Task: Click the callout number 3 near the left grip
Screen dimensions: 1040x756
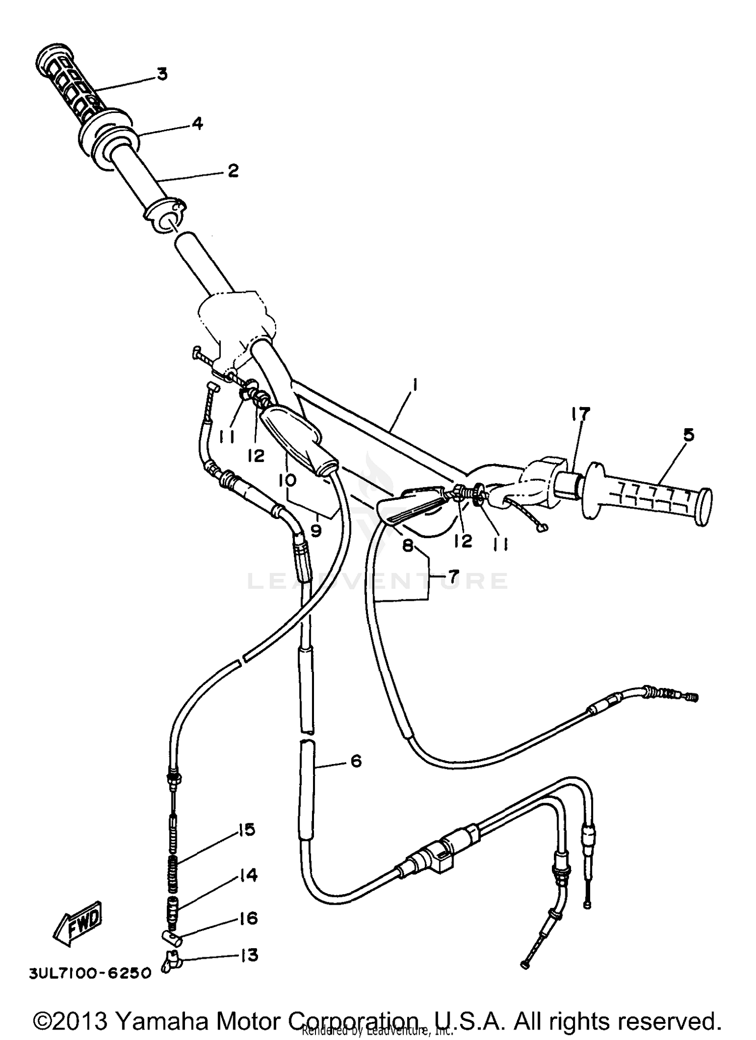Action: (161, 74)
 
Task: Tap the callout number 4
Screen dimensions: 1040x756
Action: (197, 123)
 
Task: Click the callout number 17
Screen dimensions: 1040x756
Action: (580, 415)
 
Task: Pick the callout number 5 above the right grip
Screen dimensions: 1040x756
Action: (688, 435)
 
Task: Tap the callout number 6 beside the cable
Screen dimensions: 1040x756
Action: (356, 761)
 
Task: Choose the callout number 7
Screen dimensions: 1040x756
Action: (453, 575)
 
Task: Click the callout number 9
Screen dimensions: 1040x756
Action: (316, 531)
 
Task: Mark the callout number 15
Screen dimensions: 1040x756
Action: (246, 830)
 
